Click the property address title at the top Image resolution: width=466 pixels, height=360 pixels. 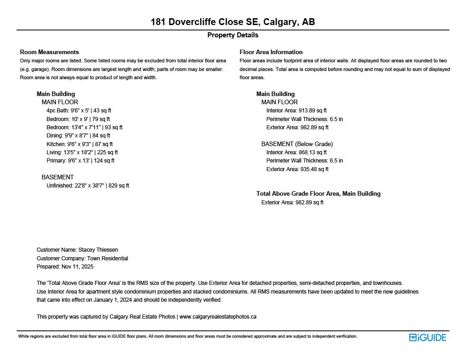click(233, 22)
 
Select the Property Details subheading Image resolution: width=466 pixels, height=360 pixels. click(233, 35)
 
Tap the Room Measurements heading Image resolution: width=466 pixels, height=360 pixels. click(49, 52)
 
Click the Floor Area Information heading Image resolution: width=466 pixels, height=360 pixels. click(271, 52)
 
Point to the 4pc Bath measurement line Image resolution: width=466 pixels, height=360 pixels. click(79, 111)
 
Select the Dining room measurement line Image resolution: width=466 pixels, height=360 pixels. click(78, 136)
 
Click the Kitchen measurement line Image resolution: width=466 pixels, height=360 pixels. click(80, 144)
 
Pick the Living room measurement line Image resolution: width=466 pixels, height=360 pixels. click(82, 152)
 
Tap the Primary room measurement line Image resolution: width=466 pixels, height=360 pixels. click(80, 161)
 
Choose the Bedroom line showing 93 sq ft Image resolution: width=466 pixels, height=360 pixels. click(84, 127)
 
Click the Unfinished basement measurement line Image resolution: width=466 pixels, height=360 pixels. click(88, 186)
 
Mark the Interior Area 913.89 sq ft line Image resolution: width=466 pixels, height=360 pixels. click(296, 111)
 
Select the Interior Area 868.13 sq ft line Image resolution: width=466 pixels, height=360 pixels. click(296, 152)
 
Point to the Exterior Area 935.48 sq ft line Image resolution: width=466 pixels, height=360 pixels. click(297, 169)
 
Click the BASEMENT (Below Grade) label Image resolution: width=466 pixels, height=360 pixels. click(297, 144)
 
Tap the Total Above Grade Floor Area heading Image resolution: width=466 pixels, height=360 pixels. click(318, 193)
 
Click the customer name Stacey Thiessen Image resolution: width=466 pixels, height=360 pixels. click(98, 250)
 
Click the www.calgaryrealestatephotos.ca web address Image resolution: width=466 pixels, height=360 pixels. click(218, 317)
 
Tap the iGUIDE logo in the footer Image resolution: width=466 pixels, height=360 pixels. click(427, 337)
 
